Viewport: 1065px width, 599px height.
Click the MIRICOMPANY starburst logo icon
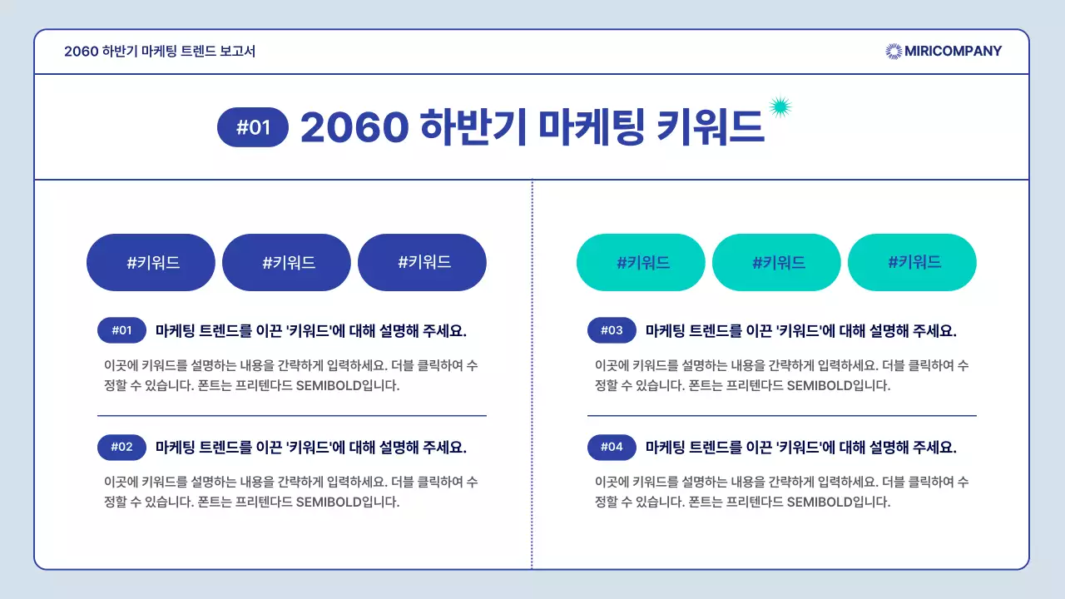pyautogui.click(x=894, y=52)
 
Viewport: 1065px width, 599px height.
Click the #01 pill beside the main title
pyautogui.click(x=253, y=127)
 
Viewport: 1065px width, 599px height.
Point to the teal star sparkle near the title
pyautogui.click(x=780, y=106)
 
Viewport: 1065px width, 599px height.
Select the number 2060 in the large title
pyautogui.click(x=354, y=127)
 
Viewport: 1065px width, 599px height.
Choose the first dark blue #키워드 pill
pyautogui.click(x=151, y=263)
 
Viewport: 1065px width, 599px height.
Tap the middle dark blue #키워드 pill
pyautogui.click(x=286, y=263)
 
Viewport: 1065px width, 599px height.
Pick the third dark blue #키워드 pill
pyautogui.click(x=422, y=263)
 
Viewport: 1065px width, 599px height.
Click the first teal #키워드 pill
pyautogui.click(x=641, y=263)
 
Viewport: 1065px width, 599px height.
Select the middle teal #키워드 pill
pyautogui.click(x=776, y=263)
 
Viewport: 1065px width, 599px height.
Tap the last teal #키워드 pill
pyautogui.click(x=912, y=263)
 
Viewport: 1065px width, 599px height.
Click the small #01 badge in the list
pyautogui.click(x=121, y=330)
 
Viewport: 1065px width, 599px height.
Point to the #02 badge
pyautogui.click(x=121, y=447)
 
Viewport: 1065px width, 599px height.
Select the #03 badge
pyautogui.click(x=612, y=330)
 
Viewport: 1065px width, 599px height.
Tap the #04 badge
pyautogui.click(x=612, y=447)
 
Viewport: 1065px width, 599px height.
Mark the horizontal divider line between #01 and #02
pyautogui.click(x=291, y=415)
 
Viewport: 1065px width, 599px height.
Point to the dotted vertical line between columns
pyautogui.click(x=532, y=374)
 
